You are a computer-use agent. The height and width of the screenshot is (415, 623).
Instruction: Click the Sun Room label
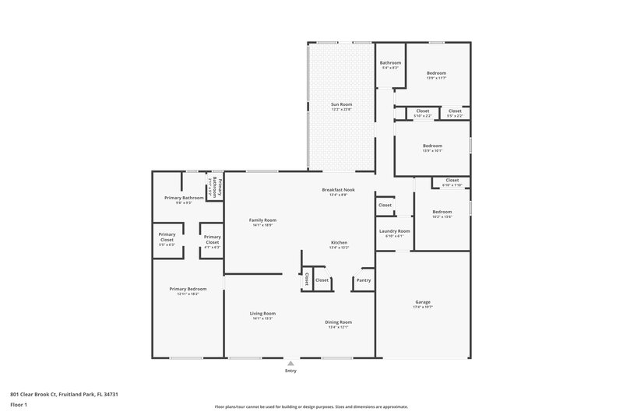click(x=341, y=104)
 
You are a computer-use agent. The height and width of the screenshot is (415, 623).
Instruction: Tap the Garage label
click(x=423, y=301)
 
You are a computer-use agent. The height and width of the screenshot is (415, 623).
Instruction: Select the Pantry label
click(x=364, y=280)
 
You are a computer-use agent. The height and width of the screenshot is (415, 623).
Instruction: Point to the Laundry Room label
click(x=394, y=231)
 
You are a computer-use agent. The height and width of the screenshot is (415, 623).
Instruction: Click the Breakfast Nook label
click(x=339, y=190)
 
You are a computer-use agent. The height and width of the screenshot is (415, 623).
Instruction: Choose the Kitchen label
click(x=339, y=242)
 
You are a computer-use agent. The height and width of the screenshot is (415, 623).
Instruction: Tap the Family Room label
click(x=262, y=220)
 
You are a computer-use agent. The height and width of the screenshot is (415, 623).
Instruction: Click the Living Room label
click(x=262, y=313)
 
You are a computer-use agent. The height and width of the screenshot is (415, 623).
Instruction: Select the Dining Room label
click(x=339, y=322)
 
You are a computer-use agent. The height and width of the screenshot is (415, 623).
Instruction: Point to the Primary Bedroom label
click(x=188, y=289)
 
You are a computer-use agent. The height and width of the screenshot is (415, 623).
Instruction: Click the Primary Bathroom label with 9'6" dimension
click(x=184, y=198)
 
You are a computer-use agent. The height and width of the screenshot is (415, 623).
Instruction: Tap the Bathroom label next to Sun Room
click(x=390, y=63)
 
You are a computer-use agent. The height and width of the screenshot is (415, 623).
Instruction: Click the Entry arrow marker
click(x=290, y=363)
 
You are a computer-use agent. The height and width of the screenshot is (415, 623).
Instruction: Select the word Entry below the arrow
click(x=290, y=371)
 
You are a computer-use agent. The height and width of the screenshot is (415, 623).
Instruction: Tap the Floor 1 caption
click(x=19, y=405)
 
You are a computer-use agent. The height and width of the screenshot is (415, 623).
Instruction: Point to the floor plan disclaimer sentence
click(x=311, y=406)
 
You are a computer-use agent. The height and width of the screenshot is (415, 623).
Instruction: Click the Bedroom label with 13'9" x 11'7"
click(x=435, y=73)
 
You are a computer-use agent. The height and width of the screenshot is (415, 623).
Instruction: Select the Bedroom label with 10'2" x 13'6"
click(x=442, y=212)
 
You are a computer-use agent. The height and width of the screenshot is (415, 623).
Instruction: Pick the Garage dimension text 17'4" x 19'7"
click(x=423, y=307)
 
